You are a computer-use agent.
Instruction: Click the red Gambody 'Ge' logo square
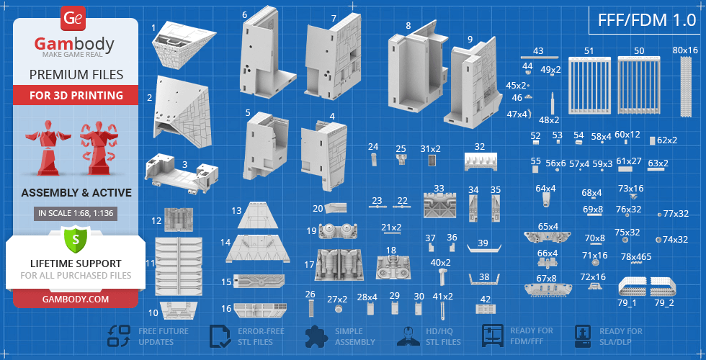72,19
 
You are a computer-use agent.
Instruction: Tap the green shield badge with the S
75,240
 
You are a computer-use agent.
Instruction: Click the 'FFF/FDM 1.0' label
647,20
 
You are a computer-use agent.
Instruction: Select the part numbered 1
182,44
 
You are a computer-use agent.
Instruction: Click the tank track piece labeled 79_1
633,287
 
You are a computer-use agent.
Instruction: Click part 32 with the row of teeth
481,161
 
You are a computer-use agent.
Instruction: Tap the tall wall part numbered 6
267,53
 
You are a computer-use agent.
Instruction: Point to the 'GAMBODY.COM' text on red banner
76,299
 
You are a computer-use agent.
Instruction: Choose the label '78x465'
636,257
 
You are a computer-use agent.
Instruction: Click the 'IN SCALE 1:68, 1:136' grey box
76,214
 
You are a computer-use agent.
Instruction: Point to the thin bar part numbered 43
539,58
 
